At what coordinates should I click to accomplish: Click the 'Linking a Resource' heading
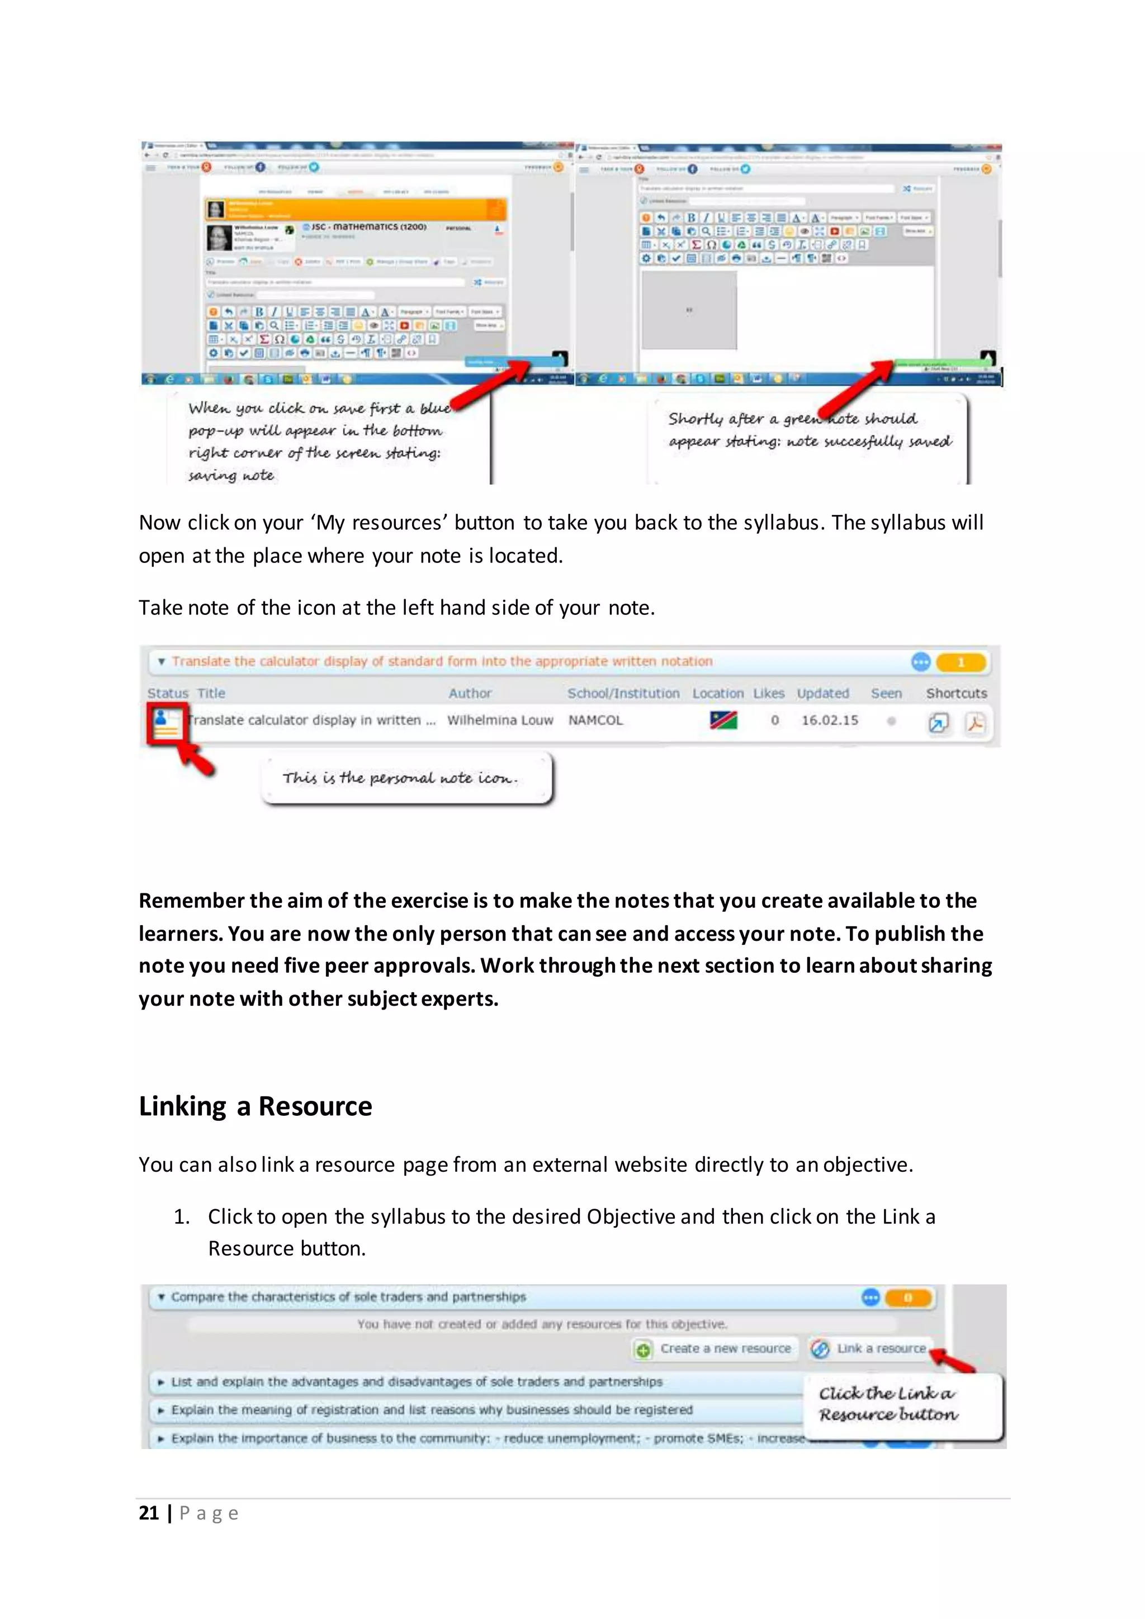click(256, 1106)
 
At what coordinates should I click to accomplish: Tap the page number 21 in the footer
click(149, 1513)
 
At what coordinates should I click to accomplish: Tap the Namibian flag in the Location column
click(723, 720)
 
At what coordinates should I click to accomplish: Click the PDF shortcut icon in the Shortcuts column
click(976, 723)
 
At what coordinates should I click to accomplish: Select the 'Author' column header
click(470, 693)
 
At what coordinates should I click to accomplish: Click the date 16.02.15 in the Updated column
click(829, 720)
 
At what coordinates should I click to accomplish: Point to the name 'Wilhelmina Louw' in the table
click(500, 720)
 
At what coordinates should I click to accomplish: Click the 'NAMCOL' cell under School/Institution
click(596, 720)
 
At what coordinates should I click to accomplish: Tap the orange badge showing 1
click(961, 662)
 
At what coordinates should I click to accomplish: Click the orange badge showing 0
click(908, 1298)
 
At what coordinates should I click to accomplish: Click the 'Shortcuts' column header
click(956, 693)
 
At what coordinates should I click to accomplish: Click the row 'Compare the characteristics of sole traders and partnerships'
click(348, 1297)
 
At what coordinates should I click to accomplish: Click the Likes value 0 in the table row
click(775, 720)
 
